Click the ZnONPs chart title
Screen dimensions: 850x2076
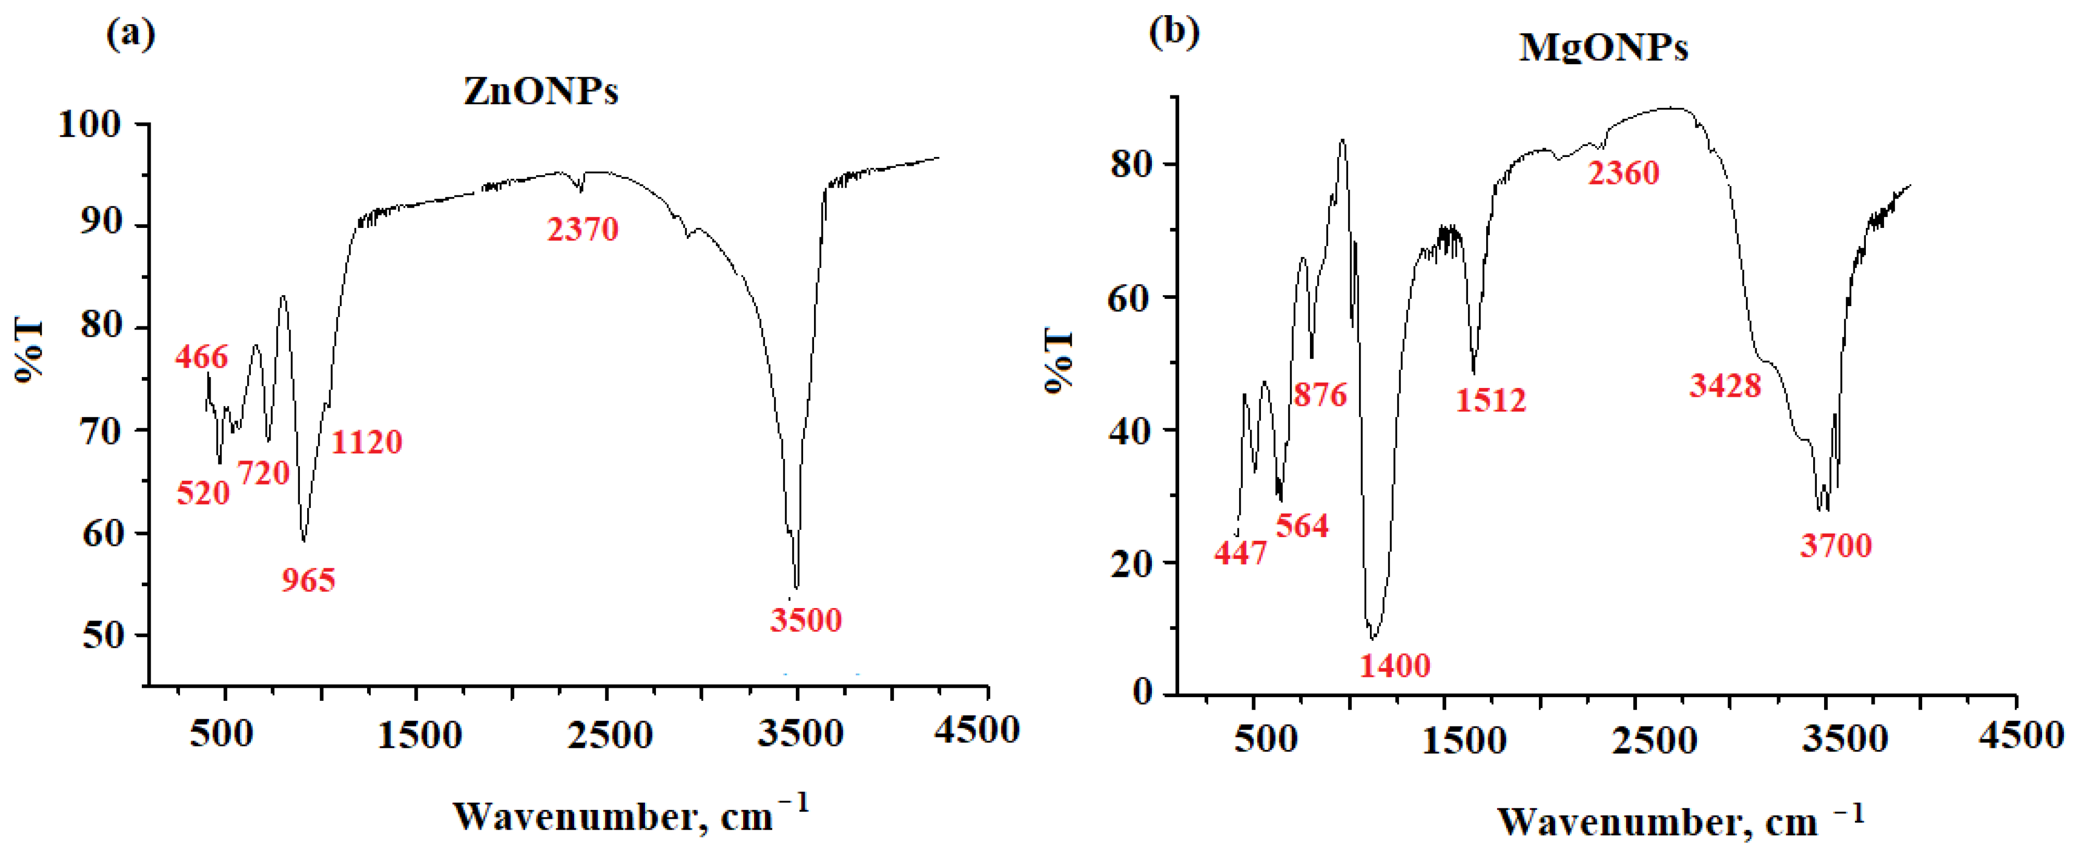click(x=541, y=92)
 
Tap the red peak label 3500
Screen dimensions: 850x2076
click(x=805, y=620)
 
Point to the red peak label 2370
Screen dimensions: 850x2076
click(x=582, y=229)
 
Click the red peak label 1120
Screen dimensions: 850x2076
click(x=367, y=442)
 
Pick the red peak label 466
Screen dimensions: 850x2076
click(x=201, y=356)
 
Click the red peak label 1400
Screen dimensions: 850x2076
click(x=1395, y=665)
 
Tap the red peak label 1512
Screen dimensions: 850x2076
click(x=1491, y=399)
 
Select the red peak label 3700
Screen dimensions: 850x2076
click(x=1836, y=545)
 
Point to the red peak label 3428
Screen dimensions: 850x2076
click(x=1726, y=386)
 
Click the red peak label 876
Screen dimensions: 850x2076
click(x=1320, y=394)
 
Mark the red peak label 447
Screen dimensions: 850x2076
click(x=1241, y=553)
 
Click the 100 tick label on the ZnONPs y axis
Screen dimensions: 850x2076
click(x=90, y=124)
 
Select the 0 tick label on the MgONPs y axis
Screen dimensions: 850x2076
click(x=1142, y=691)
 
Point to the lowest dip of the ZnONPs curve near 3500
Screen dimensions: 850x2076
click(x=796, y=588)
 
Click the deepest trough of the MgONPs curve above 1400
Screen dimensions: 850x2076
click(x=1373, y=638)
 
